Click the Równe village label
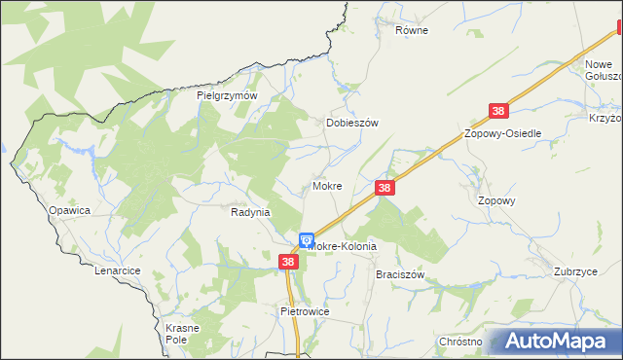click(411, 30)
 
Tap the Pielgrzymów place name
click(226, 96)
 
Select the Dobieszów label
click(350, 124)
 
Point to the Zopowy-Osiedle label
click(502, 133)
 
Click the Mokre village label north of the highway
click(326, 185)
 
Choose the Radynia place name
click(249, 212)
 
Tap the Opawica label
click(69, 210)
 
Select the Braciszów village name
click(400, 274)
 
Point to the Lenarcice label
click(119, 270)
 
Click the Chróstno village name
click(460, 342)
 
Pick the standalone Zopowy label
click(495, 200)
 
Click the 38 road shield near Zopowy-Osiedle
click(499, 112)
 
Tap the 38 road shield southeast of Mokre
click(385, 188)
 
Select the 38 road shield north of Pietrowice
click(288, 262)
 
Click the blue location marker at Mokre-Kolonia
click(306, 239)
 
